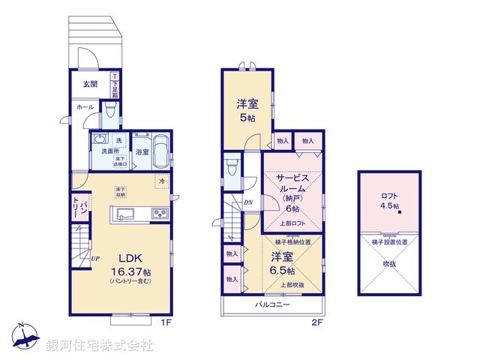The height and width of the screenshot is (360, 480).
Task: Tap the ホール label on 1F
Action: (84, 107)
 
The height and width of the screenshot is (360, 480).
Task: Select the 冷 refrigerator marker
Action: (162, 181)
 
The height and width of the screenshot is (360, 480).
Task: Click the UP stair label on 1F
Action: (95, 259)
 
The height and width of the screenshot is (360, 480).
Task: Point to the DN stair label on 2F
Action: (247, 202)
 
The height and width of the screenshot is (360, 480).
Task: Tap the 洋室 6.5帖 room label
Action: (282, 263)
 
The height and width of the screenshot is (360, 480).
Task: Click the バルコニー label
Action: (272, 305)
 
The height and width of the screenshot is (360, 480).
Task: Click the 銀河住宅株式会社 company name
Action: (100, 345)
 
